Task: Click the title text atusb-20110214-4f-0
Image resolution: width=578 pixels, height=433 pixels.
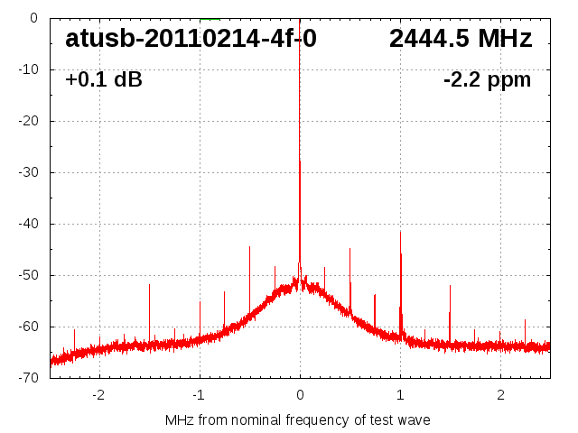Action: coord(191,39)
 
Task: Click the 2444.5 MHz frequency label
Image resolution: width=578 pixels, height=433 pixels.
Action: coord(461,39)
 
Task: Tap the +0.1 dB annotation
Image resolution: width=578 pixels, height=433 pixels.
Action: coord(103,80)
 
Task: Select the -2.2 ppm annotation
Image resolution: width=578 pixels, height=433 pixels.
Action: coord(487,80)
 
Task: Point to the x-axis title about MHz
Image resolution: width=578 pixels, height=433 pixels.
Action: coord(298,420)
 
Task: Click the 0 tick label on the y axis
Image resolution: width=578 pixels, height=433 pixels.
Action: coord(33,17)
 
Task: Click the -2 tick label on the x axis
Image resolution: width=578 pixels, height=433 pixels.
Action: coord(98,394)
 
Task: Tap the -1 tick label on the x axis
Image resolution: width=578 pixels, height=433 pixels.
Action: coord(199,394)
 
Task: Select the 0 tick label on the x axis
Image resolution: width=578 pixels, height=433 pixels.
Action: coord(300,394)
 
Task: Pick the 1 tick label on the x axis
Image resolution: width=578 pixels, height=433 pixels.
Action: coord(400,394)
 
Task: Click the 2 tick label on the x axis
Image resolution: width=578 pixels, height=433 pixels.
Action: coord(500,394)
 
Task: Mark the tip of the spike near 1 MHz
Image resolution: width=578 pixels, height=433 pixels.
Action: coord(400,231)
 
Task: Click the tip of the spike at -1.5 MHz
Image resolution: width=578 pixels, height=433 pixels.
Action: coord(149,284)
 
